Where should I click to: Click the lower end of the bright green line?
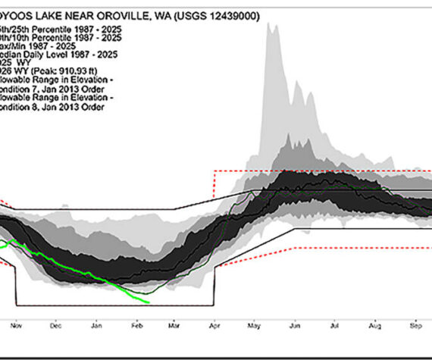149,303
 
